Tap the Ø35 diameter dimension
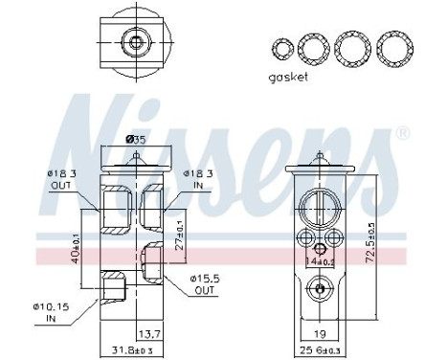pos(136,140)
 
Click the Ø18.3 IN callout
pos(196,179)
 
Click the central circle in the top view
pos(136,41)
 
